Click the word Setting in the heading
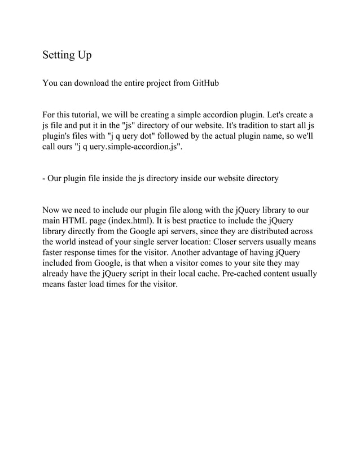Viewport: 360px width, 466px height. click(x=59, y=56)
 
